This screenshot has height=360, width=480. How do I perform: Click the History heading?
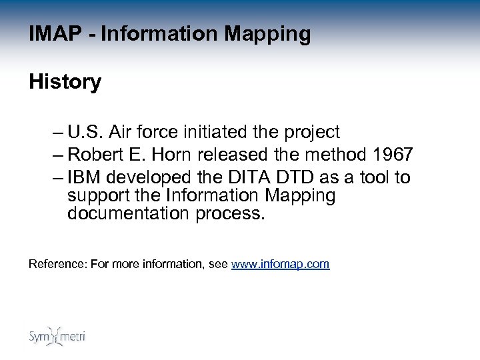click(65, 83)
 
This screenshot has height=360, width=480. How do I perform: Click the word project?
click(316, 131)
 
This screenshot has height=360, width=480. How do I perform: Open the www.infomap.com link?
click(280, 264)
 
